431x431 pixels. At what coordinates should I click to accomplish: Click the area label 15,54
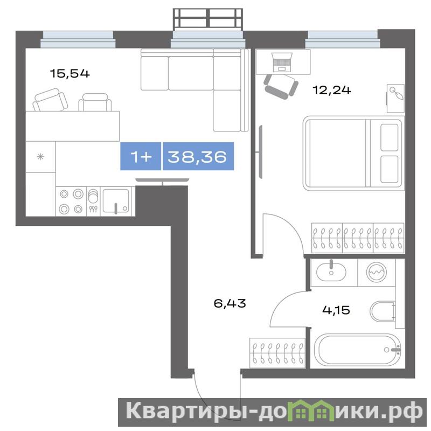[x=70, y=74]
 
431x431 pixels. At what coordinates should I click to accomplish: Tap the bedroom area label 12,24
[x=332, y=90]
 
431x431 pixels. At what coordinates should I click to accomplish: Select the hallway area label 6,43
[x=230, y=303]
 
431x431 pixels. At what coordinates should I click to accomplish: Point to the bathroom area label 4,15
[x=336, y=310]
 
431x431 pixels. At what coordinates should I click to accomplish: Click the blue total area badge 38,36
[x=198, y=156]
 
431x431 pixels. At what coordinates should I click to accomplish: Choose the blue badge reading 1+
[x=141, y=156]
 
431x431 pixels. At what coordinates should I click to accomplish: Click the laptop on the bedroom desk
[x=281, y=62]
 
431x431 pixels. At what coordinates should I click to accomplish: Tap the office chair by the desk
[x=281, y=86]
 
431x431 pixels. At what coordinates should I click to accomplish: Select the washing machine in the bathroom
[x=377, y=272]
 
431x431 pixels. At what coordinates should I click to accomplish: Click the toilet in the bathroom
[x=383, y=312]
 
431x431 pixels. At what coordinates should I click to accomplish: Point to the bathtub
[x=357, y=350]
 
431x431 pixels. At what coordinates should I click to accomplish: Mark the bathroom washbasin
[x=331, y=272]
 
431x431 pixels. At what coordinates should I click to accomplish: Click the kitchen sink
[x=116, y=201]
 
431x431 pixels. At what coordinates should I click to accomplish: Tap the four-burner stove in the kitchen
[x=71, y=201]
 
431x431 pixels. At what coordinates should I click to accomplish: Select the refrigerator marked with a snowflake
[x=41, y=157]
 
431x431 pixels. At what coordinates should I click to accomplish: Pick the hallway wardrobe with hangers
[x=277, y=353]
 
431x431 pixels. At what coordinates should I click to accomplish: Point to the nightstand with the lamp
[x=395, y=99]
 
